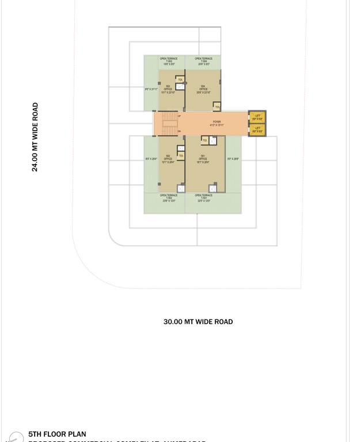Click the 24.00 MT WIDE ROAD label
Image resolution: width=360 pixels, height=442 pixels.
click(35, 137)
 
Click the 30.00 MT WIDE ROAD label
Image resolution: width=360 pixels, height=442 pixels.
click(198, 322)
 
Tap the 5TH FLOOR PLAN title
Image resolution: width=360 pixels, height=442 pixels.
click(57, 435)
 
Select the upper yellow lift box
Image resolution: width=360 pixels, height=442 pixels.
click(257, 117)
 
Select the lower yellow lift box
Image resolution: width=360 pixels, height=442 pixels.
click(257, 129)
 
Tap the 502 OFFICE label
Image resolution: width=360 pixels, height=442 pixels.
click(168, 159)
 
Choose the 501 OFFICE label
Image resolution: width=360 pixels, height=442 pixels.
click(203, 159)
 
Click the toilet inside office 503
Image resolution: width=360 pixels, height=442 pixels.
click(180, 79)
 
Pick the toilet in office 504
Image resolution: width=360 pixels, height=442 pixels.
click(217, 107)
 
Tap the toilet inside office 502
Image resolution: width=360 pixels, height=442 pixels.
click(181, 155)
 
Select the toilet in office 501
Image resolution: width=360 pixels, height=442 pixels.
click(205, 140)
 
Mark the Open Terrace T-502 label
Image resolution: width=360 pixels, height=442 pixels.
click(169, 198)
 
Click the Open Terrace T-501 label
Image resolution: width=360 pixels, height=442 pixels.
click(203, 198)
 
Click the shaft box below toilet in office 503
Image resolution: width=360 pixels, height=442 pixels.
click(180, 87)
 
